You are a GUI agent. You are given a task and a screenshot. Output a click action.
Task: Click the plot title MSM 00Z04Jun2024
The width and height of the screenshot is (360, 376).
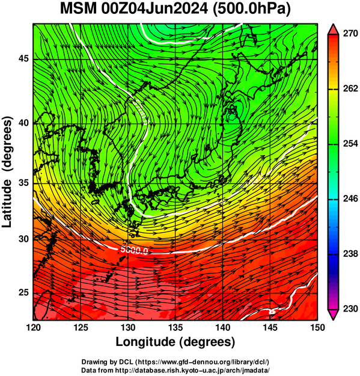click(134, 10)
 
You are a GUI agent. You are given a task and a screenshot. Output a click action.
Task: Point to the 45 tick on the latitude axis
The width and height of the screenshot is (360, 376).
click(23, 58)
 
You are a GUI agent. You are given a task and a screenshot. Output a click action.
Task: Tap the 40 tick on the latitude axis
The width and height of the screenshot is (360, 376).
click(23, 123)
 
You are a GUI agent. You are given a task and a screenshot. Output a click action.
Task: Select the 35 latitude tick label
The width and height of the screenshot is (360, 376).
click(23, 183)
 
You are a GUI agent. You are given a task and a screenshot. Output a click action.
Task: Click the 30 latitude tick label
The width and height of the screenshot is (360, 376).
click(23, 239)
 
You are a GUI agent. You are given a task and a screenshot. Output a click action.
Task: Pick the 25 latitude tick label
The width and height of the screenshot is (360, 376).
click(23, 293)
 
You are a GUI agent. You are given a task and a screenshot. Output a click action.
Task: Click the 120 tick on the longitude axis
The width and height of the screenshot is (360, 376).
click(33, 327)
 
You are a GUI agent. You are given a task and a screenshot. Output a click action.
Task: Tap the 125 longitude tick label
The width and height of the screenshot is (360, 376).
click(81, 327)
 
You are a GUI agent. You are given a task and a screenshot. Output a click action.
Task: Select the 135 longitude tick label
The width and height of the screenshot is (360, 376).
click(175, 327)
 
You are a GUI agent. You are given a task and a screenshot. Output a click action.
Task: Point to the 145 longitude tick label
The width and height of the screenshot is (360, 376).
click(270, 327)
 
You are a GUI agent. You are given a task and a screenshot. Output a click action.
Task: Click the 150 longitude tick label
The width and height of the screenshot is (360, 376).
click(317, 327)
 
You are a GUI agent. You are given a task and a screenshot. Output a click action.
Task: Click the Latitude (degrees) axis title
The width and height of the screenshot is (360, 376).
click(7, 172)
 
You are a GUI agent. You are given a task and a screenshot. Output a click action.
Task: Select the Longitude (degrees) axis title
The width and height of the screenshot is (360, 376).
click(175, 342)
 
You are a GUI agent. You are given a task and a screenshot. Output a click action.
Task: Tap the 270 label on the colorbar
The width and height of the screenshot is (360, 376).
click(350, 34)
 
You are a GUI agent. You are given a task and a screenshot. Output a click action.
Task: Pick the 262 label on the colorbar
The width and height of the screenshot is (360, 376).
click(350, 88)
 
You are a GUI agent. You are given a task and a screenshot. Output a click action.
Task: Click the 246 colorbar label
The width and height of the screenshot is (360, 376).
click(350, 199)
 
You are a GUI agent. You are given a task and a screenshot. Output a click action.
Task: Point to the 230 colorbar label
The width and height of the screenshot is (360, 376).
click(350, 309)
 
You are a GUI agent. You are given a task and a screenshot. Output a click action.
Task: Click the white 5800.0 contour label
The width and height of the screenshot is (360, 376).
click(134, 250)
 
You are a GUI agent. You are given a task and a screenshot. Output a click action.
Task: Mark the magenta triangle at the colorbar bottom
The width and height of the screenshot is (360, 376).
click(333, 315)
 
